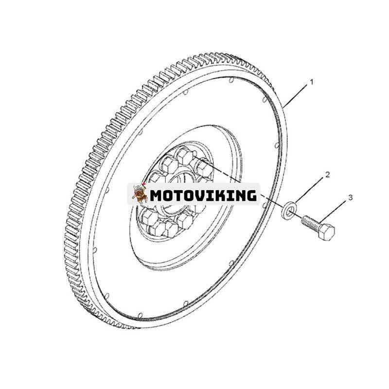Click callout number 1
point(312,82)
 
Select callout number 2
point(328,175)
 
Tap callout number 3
point(350,197)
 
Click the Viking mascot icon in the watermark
point(140,194)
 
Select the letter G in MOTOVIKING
point(250,195)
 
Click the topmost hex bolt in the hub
point(184,156)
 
